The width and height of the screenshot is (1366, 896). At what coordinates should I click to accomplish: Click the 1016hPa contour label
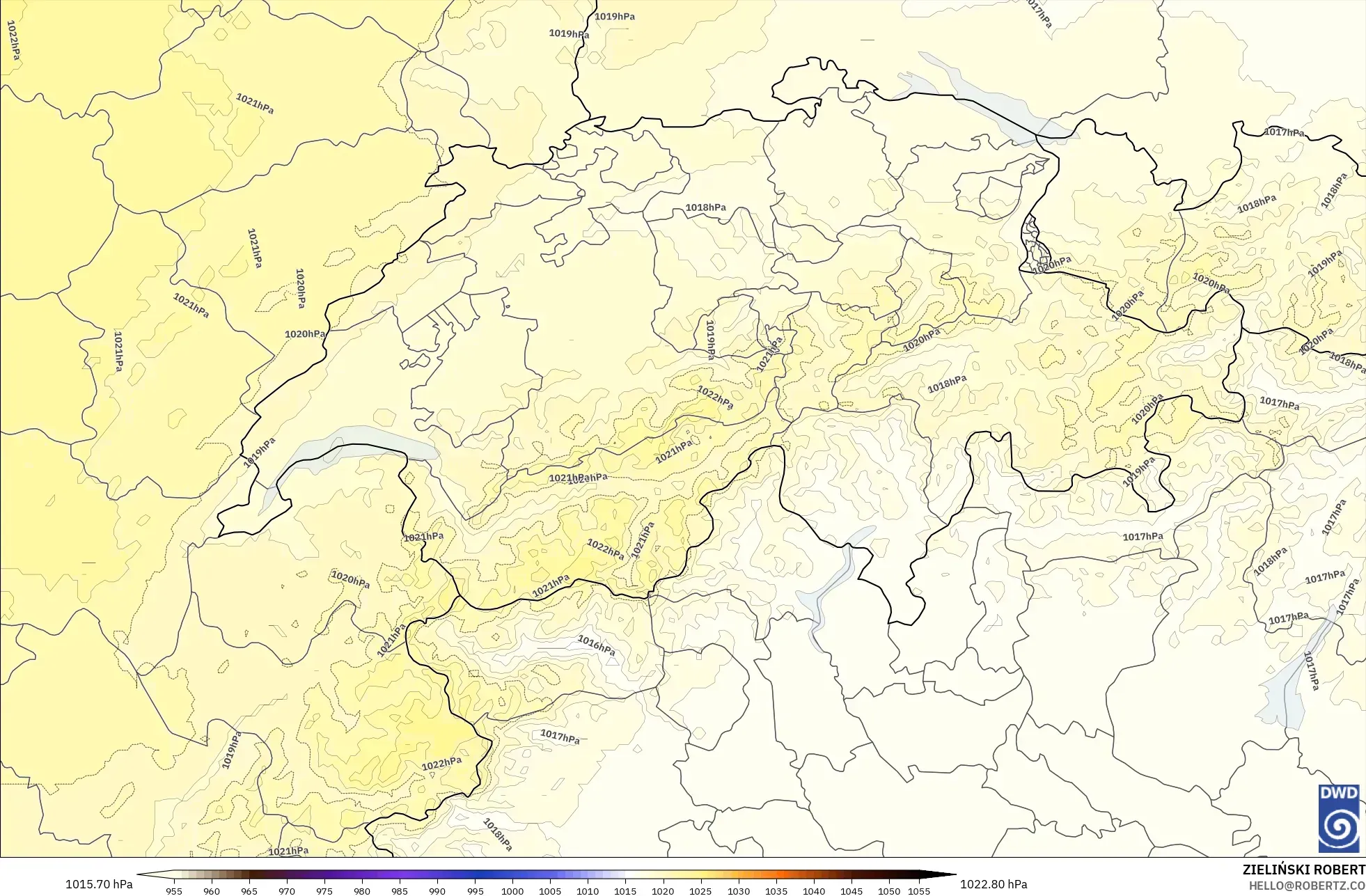click(x=596, y=645)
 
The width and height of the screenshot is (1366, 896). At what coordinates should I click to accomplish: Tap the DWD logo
click(x=1338, y=818)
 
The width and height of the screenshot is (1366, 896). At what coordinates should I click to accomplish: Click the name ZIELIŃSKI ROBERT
click(x=1303, y=870)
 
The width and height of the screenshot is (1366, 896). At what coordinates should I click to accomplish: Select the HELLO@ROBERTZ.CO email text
click(x=1306, y=886)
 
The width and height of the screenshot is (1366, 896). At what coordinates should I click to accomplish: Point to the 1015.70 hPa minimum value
click(x=99, y=884)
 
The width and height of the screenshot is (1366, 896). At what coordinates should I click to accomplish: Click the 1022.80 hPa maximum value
click(x=994, y=884)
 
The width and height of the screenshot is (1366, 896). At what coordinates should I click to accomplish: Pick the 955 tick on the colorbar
click(x=174, y=890)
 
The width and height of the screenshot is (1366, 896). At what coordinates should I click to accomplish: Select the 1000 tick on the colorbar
click(x=512, y=890)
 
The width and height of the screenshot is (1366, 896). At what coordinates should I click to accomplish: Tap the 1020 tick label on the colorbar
click(x=663, y=890)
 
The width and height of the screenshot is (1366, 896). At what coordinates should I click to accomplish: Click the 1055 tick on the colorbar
click(x=919, y=890)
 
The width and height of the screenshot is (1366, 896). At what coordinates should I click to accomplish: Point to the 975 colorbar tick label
click(x=324, y=890)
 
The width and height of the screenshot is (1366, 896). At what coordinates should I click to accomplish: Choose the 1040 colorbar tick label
click(x=814, y=890)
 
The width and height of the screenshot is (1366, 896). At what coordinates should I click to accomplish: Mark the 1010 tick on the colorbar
click(x=588, y=890)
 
